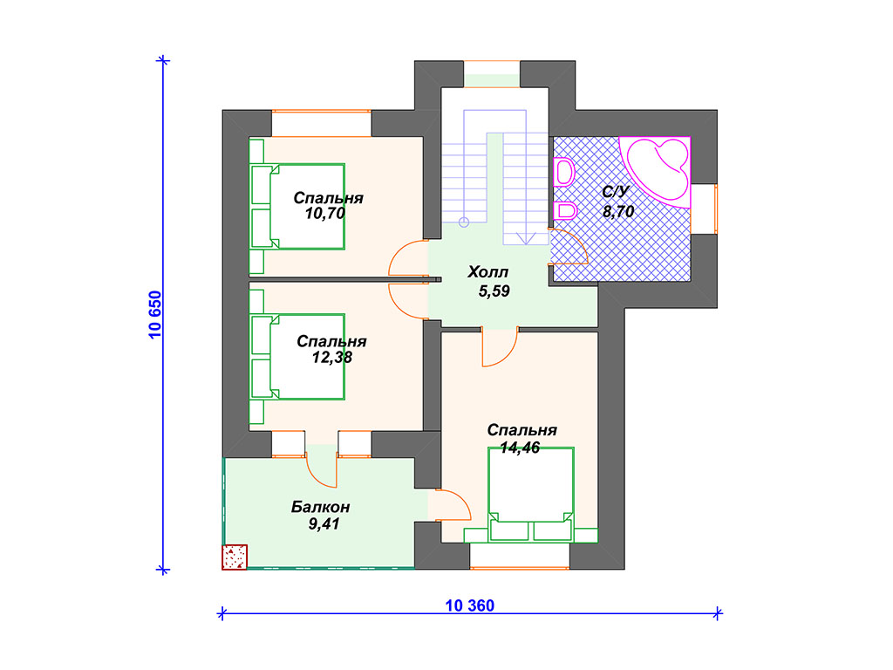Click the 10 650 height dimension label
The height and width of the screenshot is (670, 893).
(x=155, y=315)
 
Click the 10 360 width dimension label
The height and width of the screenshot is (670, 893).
(x=470, y=605)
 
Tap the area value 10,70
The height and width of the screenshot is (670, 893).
(x=325, y=214)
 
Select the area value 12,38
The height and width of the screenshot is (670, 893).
(x=332, y=357)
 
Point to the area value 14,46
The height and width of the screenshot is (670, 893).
(x=520, y=448)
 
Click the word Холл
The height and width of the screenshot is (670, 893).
(x=488, y=272)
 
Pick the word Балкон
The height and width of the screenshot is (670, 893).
(x=321, y=507)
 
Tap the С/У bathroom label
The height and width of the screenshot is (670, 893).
(x=615, y=191)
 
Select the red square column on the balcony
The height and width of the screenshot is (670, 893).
(x=235, y=557)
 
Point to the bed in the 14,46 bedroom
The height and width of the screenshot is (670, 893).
(x=531, y=494)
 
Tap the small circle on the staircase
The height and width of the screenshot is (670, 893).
(x=464, y=222)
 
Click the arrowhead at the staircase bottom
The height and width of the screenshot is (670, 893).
(x=526, y=238)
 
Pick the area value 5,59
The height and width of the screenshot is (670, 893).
(x=494, y=291)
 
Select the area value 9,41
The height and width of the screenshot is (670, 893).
(x=324, y=524)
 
